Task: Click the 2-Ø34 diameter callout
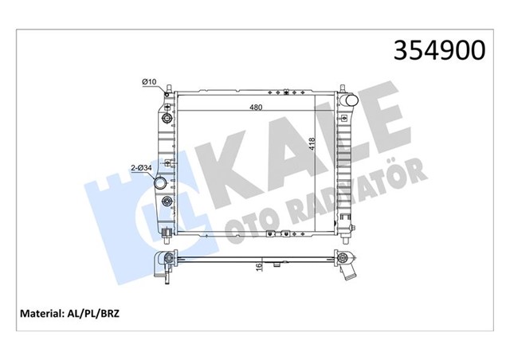click(142, 167)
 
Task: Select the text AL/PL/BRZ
click(126, 314)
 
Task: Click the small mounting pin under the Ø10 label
click(165, 96)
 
